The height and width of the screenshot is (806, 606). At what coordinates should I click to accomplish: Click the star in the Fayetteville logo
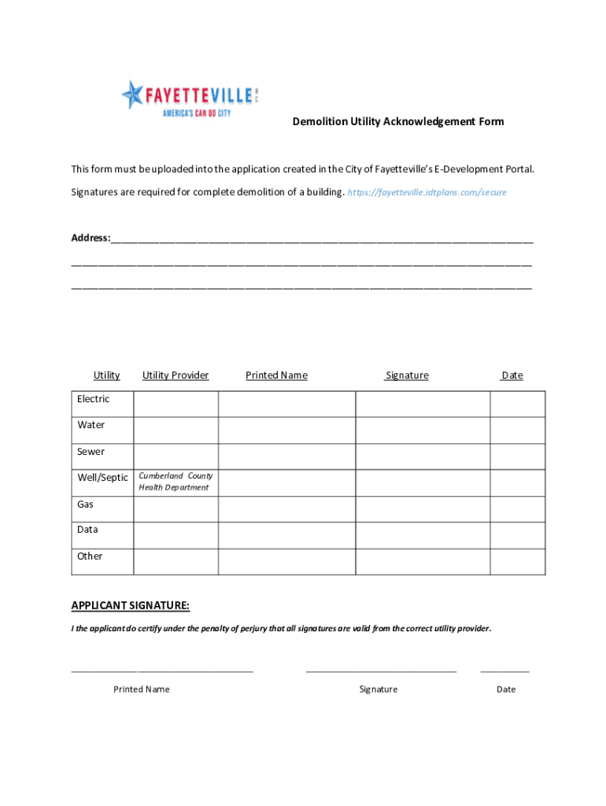coord(133,94)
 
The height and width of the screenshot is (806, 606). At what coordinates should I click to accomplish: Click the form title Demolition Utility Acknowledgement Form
coord(398,121)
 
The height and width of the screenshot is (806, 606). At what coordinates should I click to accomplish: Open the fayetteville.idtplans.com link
coord(427,192)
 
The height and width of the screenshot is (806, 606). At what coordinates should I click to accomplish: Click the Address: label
coord(91,238)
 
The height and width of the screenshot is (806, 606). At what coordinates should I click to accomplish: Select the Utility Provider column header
coord(176,375)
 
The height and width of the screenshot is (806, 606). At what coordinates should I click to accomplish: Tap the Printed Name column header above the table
coord(276,375)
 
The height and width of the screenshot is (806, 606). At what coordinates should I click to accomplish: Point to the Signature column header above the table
coord(407,375)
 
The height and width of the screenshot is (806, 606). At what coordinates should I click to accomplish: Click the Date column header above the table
coord(512,375)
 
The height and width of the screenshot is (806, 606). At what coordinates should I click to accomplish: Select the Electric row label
coord(93,399)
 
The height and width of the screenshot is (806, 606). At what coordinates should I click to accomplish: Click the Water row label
coord(91,425)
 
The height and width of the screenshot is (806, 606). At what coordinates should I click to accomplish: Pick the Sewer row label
coord(91,452)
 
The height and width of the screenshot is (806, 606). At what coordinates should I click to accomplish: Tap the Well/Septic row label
coord(102,478)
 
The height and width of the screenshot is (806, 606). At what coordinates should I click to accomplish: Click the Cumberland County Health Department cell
coord(176,482)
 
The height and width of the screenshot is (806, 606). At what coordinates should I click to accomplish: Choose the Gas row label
coord(85,504)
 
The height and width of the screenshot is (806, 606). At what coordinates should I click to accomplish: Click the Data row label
coord(87,530)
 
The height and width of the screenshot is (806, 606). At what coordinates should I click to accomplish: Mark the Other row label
coord(90,556)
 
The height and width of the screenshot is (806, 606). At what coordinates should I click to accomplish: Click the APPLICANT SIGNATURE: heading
coord(130,605)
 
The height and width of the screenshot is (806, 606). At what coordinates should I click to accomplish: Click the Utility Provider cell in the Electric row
coord(176,404)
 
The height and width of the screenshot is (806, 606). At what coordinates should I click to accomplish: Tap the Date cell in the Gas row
coord(517,509)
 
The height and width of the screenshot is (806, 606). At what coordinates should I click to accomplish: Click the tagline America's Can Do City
coord(196,113)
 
